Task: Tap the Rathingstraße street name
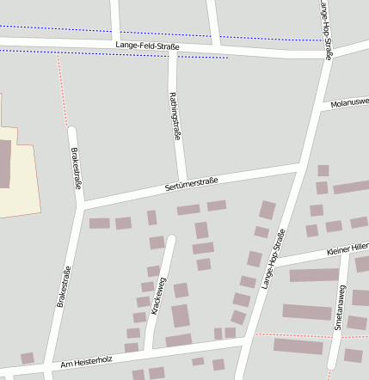175,116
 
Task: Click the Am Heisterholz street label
87,362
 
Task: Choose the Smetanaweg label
340,310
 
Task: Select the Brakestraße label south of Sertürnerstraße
63,287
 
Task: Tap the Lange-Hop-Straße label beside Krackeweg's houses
273,259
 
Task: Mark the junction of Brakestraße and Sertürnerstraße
82,206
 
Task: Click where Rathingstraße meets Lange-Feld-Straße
173,49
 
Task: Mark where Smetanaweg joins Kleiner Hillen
346,254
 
